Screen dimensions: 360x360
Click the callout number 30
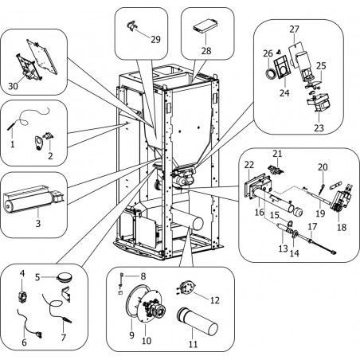13,86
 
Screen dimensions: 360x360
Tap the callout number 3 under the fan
38,223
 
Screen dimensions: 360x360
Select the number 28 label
206,50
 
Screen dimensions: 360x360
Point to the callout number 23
319,128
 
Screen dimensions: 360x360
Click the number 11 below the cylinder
193,344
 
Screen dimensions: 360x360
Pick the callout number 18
342,227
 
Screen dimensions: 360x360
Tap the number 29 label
156,39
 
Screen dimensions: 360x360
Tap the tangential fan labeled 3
33,199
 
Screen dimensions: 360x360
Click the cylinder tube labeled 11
197,321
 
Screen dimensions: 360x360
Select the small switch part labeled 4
22,296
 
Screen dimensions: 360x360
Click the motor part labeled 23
318,104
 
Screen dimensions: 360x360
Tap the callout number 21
277,154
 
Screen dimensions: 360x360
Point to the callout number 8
143,276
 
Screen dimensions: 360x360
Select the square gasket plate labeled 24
283,68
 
